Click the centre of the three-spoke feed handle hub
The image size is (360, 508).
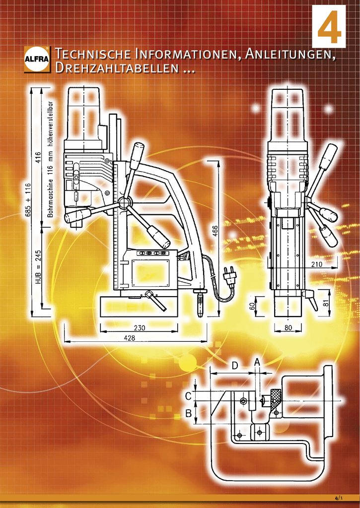click(124, 203)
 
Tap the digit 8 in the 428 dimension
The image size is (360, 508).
click(133, 337)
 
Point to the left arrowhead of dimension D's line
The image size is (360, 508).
click(213, 373)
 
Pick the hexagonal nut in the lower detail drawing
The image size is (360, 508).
click(243, 401)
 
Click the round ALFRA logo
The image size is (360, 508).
click(37, 59)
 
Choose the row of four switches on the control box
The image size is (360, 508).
click(152, 253)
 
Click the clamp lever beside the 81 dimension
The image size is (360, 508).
click(310, 300)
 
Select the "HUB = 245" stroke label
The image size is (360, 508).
click(38, 267)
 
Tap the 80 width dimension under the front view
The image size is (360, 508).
click(288, 327)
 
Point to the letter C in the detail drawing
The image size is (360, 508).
click(189, 396)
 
